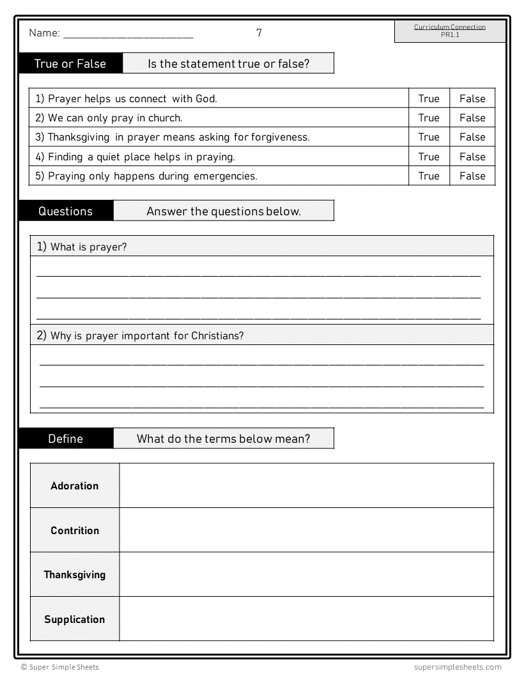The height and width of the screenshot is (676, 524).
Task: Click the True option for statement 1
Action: click(x=429, y=98)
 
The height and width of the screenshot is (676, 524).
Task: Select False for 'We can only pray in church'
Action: click(x=472, y=118)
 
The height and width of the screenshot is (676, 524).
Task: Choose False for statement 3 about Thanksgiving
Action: click(x=472, y=137)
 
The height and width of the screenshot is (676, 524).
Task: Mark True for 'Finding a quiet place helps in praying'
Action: click(x=429, y=157)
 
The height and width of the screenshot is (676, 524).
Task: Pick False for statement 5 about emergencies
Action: click(x=472, y=176)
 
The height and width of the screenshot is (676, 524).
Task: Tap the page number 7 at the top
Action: click(x=259, y=33)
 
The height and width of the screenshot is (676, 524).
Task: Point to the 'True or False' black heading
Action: click(x=70, y=63)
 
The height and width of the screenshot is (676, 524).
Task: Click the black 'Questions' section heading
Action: click(x=66, y=211)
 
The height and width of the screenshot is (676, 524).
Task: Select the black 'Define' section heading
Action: click(x=66, y=438)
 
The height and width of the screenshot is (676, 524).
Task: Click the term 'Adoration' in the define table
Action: click(x=75, y=486)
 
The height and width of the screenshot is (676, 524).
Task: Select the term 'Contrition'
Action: click(x=75, y=530)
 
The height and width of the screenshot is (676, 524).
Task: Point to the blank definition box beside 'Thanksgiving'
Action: click(x=306, y=574)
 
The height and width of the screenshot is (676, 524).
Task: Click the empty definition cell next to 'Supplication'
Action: click(x=306, y=618)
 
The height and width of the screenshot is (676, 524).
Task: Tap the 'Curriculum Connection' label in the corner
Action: click(x=450, y=27)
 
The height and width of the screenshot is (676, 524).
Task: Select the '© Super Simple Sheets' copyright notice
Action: click(x=60, y=667)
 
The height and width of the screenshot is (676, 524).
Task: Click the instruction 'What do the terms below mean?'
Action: click(x=224, y=438)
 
